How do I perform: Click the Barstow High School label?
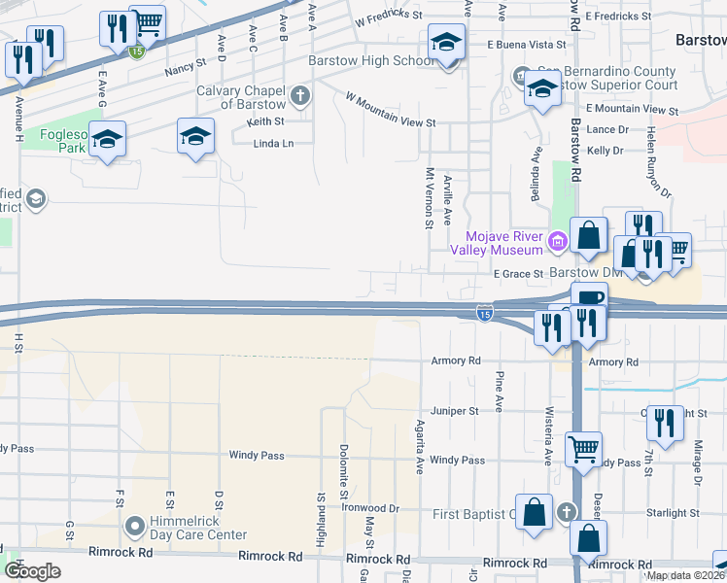371,60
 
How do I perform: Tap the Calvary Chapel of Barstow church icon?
300,96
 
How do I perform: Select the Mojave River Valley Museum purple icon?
558,240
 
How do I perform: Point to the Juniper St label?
455,411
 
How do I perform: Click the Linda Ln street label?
272,144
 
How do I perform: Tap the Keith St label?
265,121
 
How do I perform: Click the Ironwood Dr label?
372,507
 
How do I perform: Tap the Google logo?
33,571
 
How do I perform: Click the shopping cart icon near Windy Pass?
583,448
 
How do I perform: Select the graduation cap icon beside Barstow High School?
447,43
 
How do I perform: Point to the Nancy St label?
186,70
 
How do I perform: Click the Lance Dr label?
607,129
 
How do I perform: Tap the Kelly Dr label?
605,151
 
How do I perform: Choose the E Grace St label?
516,274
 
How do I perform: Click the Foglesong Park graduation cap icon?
108,141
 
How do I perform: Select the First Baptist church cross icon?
569,511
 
